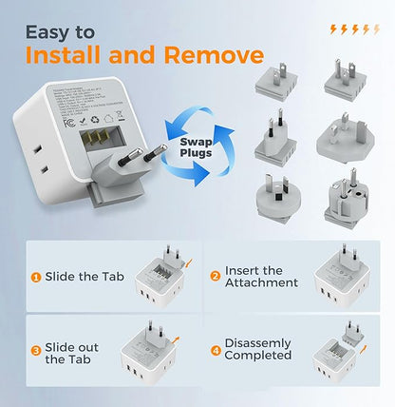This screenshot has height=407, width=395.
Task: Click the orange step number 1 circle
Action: (x=35, y=278)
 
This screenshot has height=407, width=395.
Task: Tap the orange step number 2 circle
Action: (x=216, y=278)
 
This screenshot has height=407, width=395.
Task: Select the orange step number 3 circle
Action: (x=35, y=353)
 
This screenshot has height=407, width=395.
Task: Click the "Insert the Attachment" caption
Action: (x=260, y=278)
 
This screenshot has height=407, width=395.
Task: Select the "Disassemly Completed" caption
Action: (x=257, y=349)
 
